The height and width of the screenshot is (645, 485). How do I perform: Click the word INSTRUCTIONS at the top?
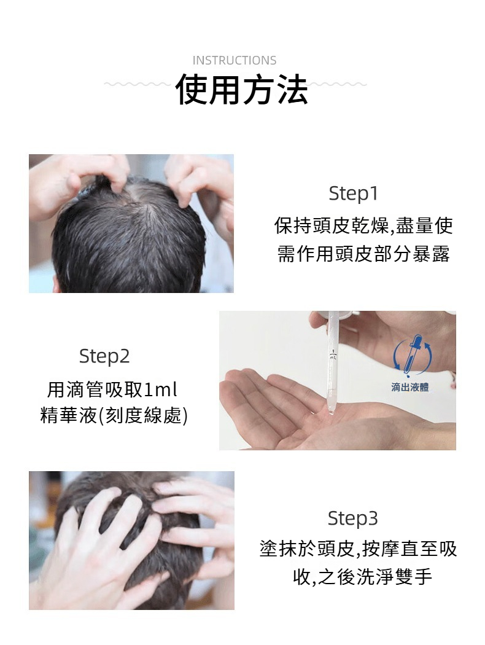coord(235,60)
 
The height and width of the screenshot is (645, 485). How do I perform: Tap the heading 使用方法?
coord(242,89)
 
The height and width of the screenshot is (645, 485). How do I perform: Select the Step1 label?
coord(353,193)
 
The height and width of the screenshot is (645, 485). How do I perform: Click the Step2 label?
coord(104,356)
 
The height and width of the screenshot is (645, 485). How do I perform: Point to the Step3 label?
coord(352,518)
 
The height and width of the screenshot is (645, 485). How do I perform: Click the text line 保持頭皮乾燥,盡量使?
coord(363,225)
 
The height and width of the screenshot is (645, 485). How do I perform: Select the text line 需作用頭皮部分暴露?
coord(363,253)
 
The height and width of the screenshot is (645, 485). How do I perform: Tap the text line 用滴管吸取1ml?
coord(112,389)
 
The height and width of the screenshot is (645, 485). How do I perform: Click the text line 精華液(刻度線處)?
coord(114,415)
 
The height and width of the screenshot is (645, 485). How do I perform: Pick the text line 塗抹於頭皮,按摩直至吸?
coord(358,549)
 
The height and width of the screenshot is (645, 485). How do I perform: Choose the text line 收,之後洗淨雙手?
coord(362,577)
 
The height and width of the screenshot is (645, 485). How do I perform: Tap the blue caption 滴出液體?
coord(410,387)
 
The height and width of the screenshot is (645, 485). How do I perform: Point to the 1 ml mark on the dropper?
coord(333,355)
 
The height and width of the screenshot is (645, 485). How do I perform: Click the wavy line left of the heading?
coord(138,84)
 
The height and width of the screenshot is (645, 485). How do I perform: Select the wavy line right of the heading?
coord(336,84)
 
